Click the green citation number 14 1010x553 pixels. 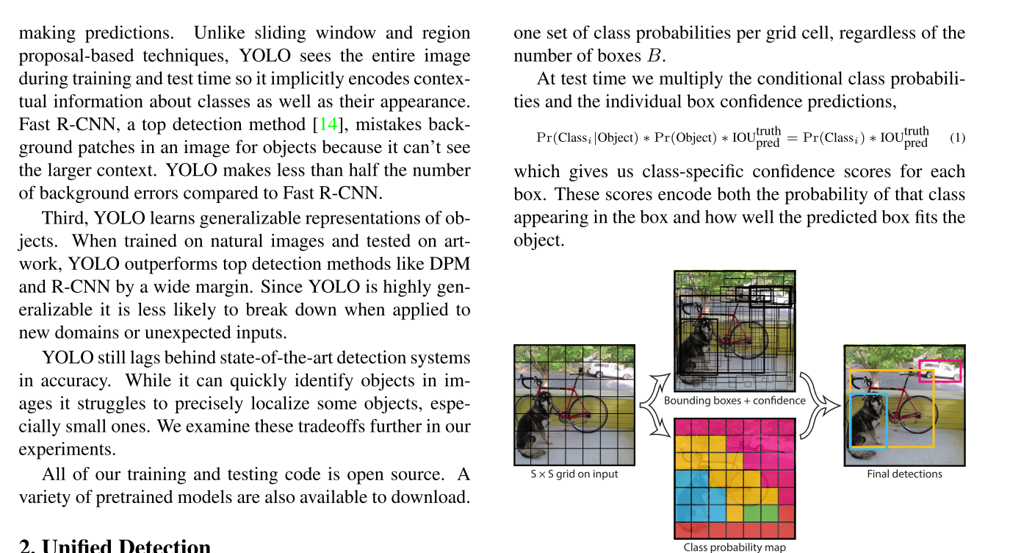326,124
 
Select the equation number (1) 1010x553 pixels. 957,138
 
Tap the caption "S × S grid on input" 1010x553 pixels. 574,474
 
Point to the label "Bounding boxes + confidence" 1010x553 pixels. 735,401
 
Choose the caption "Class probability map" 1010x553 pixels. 735,547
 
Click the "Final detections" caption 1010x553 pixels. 904,474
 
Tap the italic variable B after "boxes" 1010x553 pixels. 652,57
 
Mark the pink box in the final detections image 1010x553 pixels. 940,371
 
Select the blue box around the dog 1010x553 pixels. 869,420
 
